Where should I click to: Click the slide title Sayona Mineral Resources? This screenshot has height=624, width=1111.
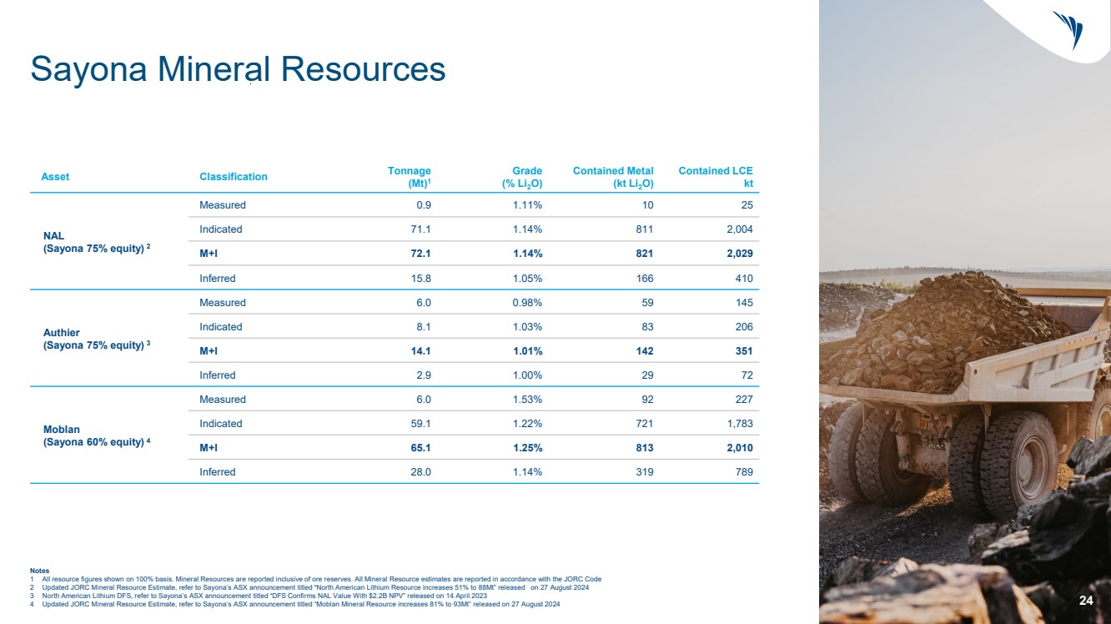(238, 69)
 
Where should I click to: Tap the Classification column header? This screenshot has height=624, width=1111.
(234, 177)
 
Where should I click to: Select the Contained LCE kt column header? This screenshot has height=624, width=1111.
(716, 177)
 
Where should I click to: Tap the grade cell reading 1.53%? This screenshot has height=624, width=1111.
(527, 400)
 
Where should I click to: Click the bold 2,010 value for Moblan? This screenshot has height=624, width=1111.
(738, 448)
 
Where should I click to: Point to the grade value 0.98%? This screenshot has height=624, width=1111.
(527, 303)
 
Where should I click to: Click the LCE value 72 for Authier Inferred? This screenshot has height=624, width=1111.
(747, 375)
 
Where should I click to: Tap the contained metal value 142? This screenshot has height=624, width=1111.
(644, 351)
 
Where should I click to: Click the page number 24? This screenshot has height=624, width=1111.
(1086, 601)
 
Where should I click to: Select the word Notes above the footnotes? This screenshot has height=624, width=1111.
(39, 571)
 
